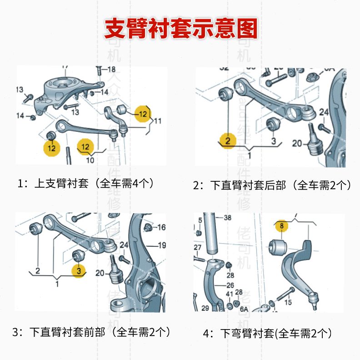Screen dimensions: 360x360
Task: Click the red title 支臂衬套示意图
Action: point(180,29)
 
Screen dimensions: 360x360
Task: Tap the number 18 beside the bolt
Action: point(111,70)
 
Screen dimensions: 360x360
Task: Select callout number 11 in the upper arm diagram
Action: point(157,121)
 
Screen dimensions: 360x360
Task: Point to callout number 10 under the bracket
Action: point(90,160)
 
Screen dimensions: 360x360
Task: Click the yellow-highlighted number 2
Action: point(227,140)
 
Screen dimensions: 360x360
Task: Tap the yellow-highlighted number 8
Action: point(281,225)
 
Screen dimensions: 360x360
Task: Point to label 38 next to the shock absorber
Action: point(227,217)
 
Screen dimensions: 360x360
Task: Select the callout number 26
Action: point(230,285)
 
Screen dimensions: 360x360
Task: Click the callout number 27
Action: point(198,248)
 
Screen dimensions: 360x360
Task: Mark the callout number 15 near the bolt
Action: point(288,302)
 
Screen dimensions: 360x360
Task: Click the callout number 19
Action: point(162,245)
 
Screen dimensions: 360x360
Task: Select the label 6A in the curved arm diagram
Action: point(244,309)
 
